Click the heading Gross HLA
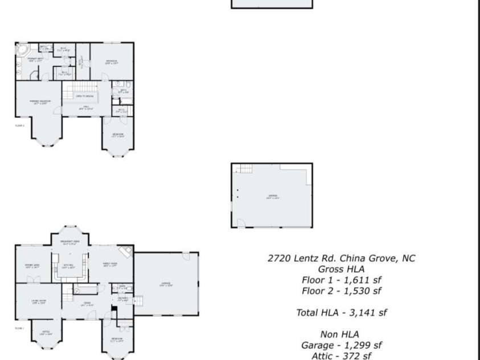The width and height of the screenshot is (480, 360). pyautogui.click(x=341, y=269)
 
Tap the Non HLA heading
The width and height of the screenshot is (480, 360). pyautogui.click(x=341, y=334)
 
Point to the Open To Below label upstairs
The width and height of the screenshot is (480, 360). pyautogui.click(x=84, y=96)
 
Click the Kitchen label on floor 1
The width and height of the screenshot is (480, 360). pyautogui.click(x=68, y=266)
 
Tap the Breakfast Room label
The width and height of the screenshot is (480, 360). pyautogui.click(x=69, y=243)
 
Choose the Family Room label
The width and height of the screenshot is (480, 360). pyautogui.click(x=109, y=264)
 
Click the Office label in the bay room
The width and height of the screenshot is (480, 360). pyautogui.click(x=45, y=333)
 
